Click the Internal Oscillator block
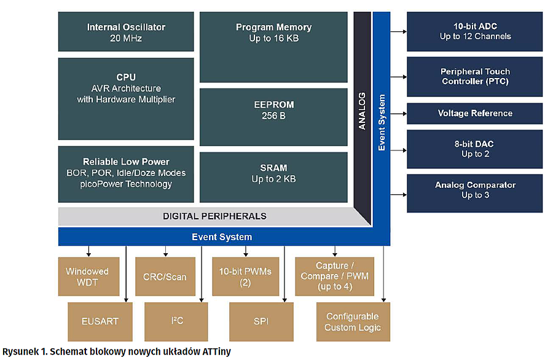click(x=126, y=32)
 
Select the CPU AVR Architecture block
click(x=126, y=88)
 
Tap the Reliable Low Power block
click(x=126, y=173)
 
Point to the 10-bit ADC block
click(x=475, y=31)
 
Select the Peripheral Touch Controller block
click(x=475, y=76)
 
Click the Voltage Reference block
click(x=475, y=114)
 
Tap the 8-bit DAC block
click(x=475, y=149)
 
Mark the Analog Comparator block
click(x=475, y=190)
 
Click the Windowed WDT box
click(x=87, y=276)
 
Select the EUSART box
click(x=100, y=321)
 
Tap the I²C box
click(x=176, y=321)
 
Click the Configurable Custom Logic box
click(x=353, y=321)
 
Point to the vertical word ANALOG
click(x=362, y=111)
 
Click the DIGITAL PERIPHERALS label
click(x=214, y=216)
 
